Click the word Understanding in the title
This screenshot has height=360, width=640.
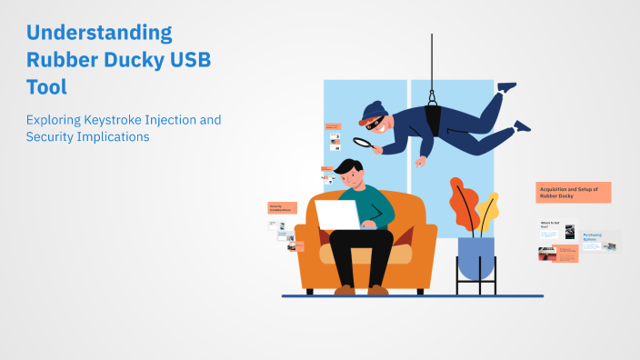99,33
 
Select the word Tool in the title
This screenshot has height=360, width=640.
46,87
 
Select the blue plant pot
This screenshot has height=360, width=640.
475,257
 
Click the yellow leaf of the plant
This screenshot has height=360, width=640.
489,211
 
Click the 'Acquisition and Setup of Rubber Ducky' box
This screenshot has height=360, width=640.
573,192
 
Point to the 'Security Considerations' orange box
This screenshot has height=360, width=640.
283,207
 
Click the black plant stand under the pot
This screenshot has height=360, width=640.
475,285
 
